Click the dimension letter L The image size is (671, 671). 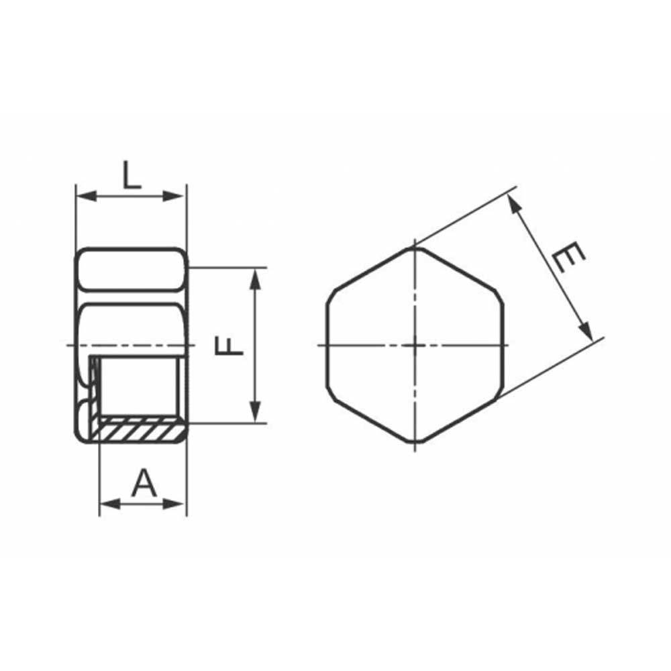[132, 174]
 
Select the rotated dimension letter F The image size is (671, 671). [229, 346]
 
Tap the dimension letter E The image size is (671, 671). [568, 257]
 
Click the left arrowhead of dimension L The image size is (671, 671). [86, 197]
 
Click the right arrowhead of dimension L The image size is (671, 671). [173, 197]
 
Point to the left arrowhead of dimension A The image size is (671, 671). [110, 504]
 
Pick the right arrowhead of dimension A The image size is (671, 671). [174, 504]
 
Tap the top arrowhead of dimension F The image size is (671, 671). [256, 279]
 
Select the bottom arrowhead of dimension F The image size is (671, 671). [256, 412]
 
